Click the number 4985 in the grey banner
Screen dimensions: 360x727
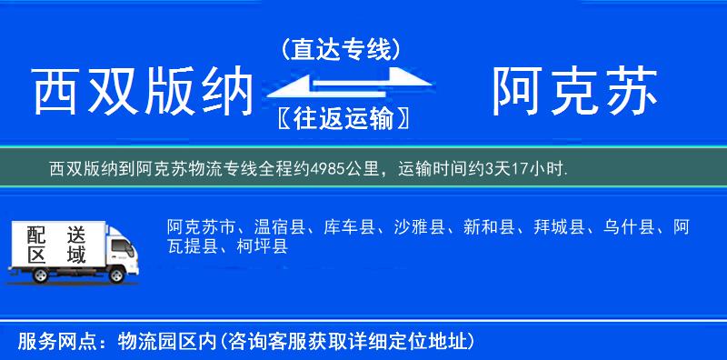coord(325,168)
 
